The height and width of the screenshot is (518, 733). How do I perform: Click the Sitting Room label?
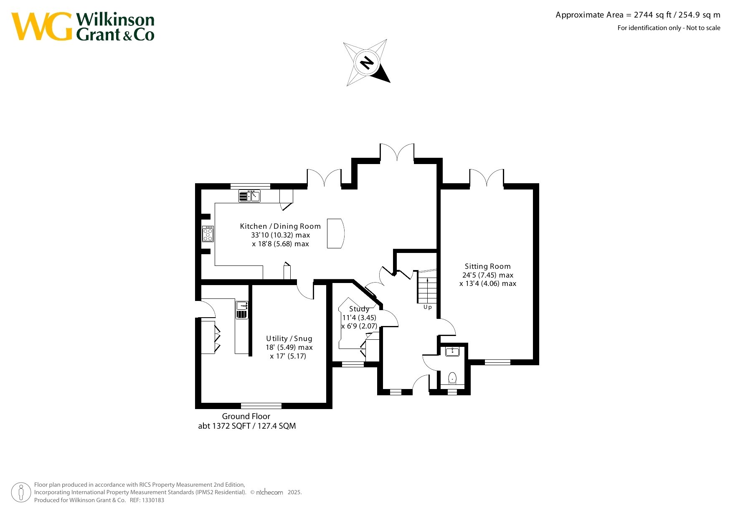(x=487, y=266)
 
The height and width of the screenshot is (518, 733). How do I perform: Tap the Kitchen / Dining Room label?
(x=280, y=226)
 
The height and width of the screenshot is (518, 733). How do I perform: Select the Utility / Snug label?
(x=289, y=339)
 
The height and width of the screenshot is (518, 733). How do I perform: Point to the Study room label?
(x=359, y=309)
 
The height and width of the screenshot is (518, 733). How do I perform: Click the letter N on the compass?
(x=367, y=63)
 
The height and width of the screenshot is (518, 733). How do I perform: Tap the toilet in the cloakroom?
(x=452, y=379)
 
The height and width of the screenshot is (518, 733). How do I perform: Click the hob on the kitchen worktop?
(x=208, y=234)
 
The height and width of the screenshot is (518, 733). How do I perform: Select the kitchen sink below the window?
(x=249, y=196)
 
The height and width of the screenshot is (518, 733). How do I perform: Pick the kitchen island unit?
(x=335, y=233)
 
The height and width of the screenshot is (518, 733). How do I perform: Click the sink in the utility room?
(x=242, y=310)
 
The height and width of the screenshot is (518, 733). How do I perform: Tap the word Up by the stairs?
(x=428, y=307)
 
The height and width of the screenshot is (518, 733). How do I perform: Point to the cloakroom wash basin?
(x=452, y=351)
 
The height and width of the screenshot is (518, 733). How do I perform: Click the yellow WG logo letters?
(x=42, y=26)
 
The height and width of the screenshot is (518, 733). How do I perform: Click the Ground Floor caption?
(x=246, y=416)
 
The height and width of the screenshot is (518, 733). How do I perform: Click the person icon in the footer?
(x=21, y=493)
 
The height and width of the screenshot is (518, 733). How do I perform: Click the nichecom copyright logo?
(x=269, y=493)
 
